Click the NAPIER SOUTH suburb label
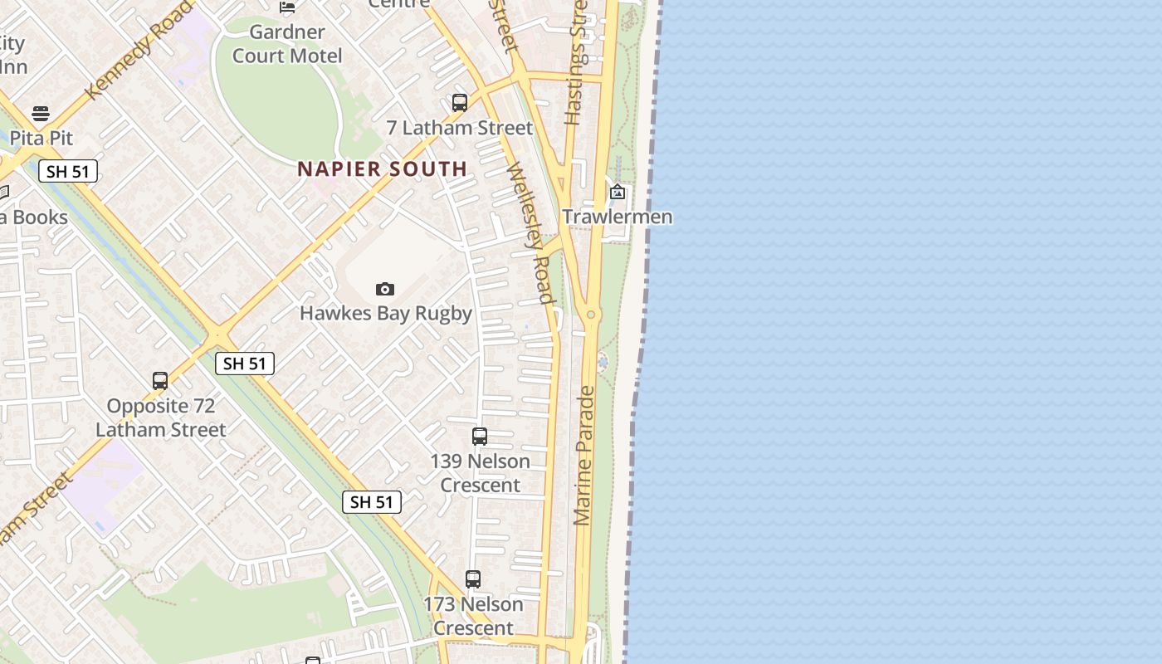click(382, 169)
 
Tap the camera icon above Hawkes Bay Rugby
click(384, 289)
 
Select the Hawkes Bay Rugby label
click(385, 313)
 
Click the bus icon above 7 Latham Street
click(459, 103)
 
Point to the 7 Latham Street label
click(459, 128)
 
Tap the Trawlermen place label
click(617, 217)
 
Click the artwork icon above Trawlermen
click(618, 193)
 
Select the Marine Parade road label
click(583, 455)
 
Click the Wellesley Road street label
click(530, 232)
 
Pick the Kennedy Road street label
click(138, 50)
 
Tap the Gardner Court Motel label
click(287, 44)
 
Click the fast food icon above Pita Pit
click(41, 114)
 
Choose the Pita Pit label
click(41, 138)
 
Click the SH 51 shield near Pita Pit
click(68, 172)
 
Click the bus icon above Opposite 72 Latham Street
click(160, 381)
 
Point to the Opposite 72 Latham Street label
click(160, 417)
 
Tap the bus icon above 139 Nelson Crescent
click(480, 436)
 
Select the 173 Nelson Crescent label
click(473, 616)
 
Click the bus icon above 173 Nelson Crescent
click(473, 579)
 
